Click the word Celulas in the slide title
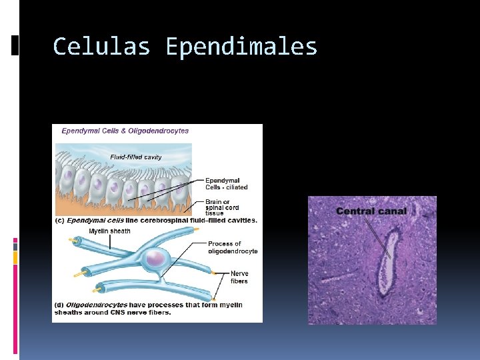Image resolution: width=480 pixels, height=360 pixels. pyautogui.click(x=101, y=47)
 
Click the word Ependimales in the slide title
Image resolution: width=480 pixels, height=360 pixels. pyautogui.click(x=241, y=47)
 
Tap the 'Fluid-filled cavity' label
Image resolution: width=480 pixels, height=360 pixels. pyautogui.click(x=135, y=157)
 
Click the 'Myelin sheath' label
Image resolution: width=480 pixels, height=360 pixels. pyautogui.click(x=109, y=231)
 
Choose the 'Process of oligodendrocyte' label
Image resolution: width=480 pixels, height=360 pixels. pyautogui.click(x=233, y=247)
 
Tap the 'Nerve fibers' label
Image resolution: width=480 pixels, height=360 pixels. pyautogui.click(x=239, y=277)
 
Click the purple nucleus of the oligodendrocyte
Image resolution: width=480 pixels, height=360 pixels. pyautogui.click(x=157, y=257)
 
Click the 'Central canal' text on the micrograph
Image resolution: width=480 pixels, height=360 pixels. pyautogui.click(x=371, y=211)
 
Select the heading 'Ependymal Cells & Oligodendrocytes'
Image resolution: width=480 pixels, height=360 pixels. pyautogui.click(x=125, y=131)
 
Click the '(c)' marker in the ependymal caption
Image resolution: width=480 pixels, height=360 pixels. pyautogui.click(x=59, y=220)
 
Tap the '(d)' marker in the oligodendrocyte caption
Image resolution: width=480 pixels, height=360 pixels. pyautogui.click(x=59, y=305)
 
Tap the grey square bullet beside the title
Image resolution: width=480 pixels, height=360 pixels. pyautogui.click(x=16, y=45)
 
